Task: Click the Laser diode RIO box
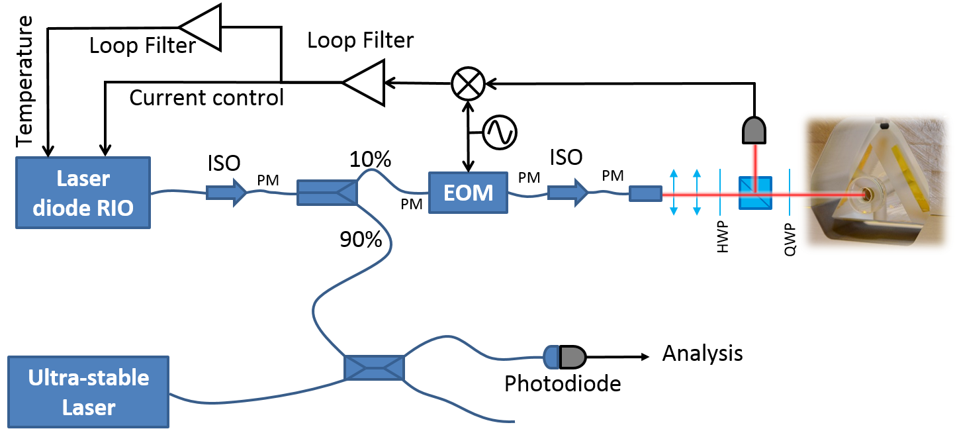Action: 83,193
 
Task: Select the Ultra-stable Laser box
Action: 89,392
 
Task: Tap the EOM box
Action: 468,193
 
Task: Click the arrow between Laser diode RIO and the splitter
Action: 227,193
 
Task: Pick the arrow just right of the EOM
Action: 568,193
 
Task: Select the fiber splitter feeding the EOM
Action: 327,193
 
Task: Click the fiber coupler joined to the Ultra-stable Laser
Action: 374,367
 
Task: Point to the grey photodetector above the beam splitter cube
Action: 754,131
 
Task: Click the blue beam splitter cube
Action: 755,193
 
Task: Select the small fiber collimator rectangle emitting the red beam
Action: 645,193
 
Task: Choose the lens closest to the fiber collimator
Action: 674,193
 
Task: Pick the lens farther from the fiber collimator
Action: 697,193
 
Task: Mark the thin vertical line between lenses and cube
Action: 721,193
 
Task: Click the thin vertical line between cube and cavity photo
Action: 789,193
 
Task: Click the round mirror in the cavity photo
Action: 866,195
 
